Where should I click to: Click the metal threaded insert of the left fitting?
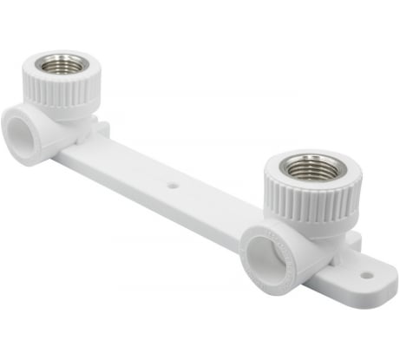[x=60, y=66]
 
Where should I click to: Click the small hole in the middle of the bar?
[x=173, y=184]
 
